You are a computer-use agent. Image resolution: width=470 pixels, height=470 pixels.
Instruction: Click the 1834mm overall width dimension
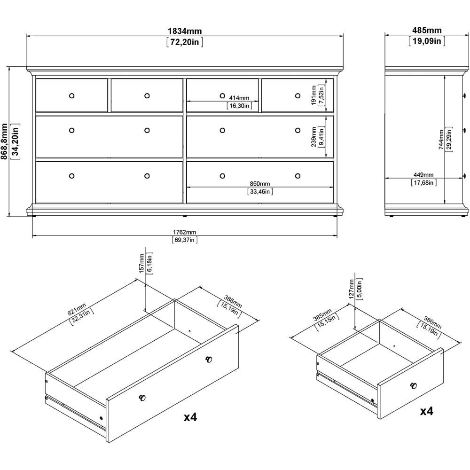tap(185, 31)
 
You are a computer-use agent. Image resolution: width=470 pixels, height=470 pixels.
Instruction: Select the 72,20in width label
tap(185, 42)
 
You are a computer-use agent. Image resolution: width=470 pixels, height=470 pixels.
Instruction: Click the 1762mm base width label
tap(184, 232)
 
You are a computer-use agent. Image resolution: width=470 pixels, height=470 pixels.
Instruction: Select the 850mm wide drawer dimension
tap(259, 183)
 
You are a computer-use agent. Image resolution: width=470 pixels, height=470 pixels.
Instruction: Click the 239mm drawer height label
tap(314, 136)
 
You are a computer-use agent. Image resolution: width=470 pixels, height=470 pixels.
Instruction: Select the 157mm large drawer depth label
tap(142, 263)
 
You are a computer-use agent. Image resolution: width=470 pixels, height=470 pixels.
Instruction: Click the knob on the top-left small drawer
tap(71, 95)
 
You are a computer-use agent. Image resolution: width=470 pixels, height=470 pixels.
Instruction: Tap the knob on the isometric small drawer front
tap(414, 386)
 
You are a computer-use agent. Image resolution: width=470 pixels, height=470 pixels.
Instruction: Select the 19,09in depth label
tap(427, 41)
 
